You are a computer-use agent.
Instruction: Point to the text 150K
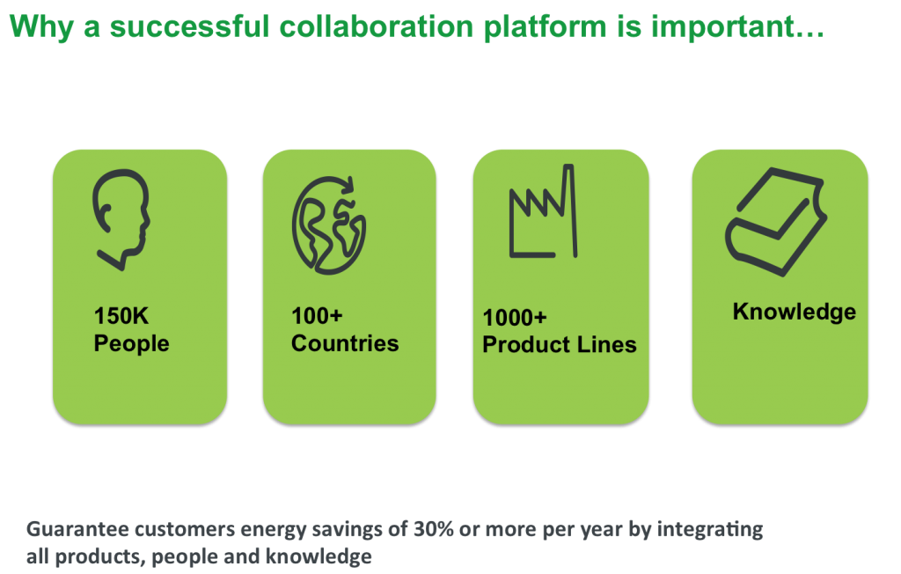click(121, 316)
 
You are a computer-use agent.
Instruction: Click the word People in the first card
click(132, 344)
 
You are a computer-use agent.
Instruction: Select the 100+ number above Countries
click(317, 316)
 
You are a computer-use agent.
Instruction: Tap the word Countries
click(345, 343)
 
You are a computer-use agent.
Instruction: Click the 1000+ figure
click(514, 318)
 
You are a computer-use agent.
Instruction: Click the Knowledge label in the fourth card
click(795, 313)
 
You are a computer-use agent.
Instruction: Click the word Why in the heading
click(41, 27)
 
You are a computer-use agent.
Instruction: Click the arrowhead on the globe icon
click(346, 185)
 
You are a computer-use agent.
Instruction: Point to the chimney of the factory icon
click(569, 210)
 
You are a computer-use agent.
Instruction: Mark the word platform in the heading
click(546, 27)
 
